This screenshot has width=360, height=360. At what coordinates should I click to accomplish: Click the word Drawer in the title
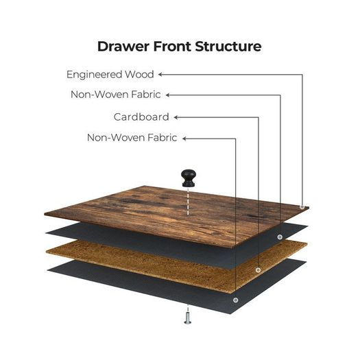(x=123, y=47)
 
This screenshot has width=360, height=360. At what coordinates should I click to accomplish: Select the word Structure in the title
(x=228, y=47)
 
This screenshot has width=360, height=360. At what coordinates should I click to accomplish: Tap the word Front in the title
(x=172, y=47)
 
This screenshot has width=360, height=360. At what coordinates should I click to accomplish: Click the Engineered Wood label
(x=110, y=74)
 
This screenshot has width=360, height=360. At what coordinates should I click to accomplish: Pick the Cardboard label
(x=141, y=117)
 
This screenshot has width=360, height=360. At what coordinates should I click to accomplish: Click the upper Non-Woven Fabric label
(x=116, y=95)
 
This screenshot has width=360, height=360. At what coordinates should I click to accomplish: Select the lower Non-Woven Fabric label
(x=132, y=138)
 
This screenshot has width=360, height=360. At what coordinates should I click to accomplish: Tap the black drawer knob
(x=189, y=178)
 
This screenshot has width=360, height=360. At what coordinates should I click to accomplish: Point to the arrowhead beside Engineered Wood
(x=160, y=74)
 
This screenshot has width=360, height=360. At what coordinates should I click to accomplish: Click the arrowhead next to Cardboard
(x=176, y=117)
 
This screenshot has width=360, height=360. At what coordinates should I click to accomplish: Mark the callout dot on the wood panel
(x=302, y=207)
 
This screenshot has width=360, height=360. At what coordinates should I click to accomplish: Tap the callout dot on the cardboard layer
(x=258, y=270)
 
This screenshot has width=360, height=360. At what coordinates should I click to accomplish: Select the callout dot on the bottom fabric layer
(x=236, y=300)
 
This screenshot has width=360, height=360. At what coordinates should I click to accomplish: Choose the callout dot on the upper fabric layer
(x=280, y=237)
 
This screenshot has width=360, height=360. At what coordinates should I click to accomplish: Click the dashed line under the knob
(x=188, y=202)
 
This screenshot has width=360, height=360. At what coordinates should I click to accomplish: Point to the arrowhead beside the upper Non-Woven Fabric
(x=168, y=95)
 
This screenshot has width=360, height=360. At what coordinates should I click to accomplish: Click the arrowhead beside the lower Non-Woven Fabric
(x=185, y=139)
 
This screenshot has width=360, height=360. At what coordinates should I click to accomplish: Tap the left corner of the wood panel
(x=45, y=214)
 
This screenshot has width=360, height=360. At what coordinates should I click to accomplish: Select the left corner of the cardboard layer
(x=47, y=252)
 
